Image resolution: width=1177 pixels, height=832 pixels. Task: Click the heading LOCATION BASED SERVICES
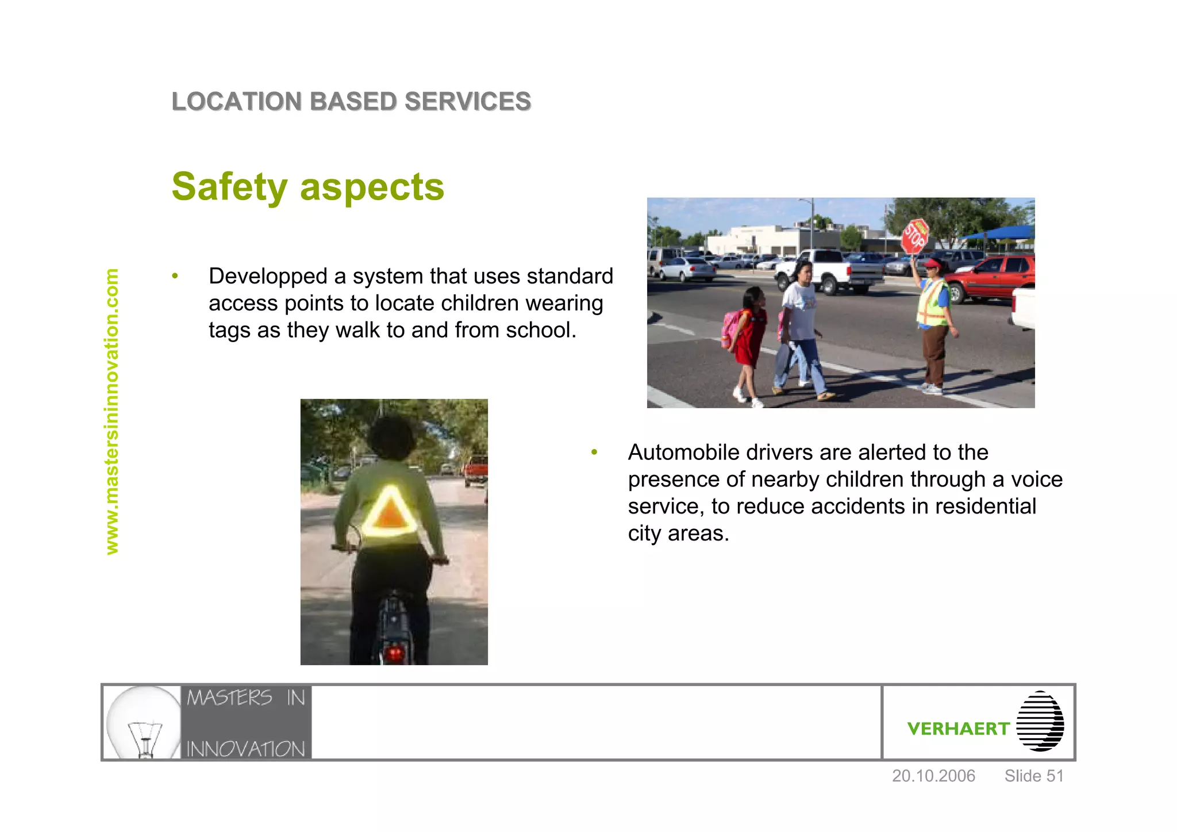pyautogui.click(x=351, y=102)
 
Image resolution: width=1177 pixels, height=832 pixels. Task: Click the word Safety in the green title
pyautogui.click(x=229, y=187)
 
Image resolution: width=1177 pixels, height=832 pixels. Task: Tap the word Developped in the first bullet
pyautogui.click(x=268, y=277)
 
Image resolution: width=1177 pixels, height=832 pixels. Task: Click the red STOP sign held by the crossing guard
pyautogui.click(x=914, y=236)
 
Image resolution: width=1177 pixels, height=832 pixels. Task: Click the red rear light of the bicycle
pyautogui.click(x=395, y=653)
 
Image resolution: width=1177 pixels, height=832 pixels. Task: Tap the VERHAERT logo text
pyautogui.click(x=957, y=729)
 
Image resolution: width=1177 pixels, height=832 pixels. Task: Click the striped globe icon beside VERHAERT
pyautogui.click(x=1040, y=721)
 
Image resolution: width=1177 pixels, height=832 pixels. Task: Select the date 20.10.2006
pyautogui.click(x=933, y=776)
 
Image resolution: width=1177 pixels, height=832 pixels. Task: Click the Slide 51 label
pyautogui.click(x=1034, y=776)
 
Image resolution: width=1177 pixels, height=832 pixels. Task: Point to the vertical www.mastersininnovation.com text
pyautogui.click(x=111, y=412)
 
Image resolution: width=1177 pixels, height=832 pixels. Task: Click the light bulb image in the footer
pyautogui.click(x=144, y=722)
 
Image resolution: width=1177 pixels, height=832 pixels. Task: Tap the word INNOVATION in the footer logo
pyautogui.click(x=246, y=749)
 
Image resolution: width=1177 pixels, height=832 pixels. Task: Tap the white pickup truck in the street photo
pyautogui.click(x=830, y=271)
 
